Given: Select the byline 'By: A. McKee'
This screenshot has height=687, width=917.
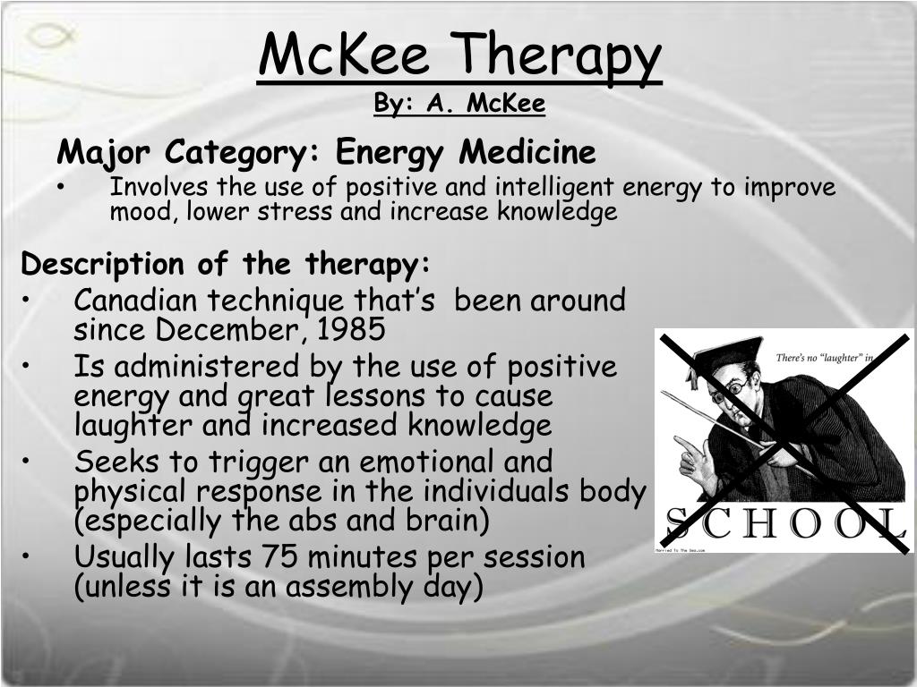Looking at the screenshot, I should pos(459,105).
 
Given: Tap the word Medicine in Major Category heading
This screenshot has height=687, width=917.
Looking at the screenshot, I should pos(527,152).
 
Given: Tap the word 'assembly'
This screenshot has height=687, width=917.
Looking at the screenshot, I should pos(356,587).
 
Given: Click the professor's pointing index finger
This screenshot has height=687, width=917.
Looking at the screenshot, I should pos(683,442).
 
